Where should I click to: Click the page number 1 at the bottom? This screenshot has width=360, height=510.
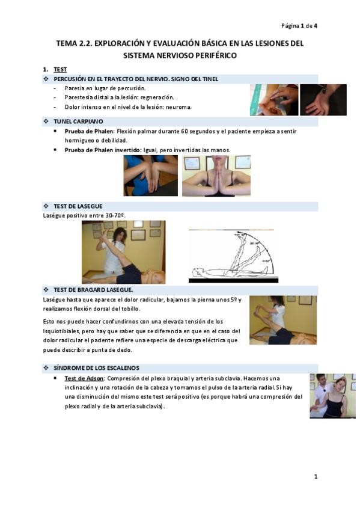click(316, 476)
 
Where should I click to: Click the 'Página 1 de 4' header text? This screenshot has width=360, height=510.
click(299, 26)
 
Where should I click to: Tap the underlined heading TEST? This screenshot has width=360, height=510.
click(60, 70)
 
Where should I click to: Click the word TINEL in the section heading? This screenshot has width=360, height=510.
click(210, 79)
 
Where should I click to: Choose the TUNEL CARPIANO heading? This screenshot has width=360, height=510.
click(78, 121)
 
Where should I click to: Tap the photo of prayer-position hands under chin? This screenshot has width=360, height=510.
click(216, 176)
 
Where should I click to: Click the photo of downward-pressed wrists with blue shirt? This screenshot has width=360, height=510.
click(150, 176)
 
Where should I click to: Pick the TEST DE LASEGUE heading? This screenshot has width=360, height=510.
click(78, 206)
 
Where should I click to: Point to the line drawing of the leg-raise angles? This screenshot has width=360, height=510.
click(233, 256)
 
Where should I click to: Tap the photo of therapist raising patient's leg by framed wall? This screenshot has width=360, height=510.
click(123, 252)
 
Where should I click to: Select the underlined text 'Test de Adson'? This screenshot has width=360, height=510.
click(84, 378)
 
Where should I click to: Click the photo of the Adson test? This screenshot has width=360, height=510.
click(333, 396)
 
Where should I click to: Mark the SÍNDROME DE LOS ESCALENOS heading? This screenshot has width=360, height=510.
click(96, 368)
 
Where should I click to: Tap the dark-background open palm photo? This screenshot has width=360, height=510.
click(323, 100)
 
